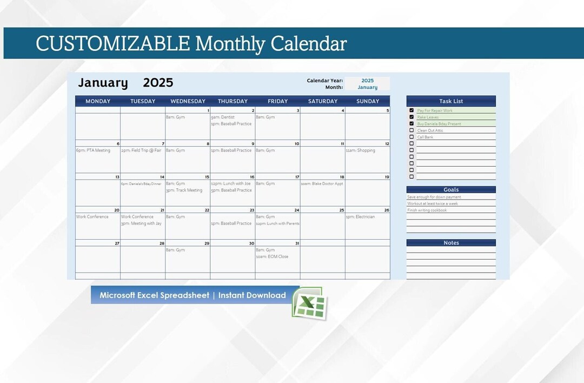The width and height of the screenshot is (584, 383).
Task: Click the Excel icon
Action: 309,303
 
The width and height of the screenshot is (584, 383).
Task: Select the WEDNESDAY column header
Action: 188,101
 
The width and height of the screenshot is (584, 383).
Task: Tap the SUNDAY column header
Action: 367,101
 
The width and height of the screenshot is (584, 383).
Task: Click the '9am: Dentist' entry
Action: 223,117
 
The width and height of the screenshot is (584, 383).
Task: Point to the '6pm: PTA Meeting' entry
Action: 93,150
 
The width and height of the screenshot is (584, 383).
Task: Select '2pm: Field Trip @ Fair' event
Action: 141,150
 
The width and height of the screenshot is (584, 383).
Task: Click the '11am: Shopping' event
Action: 360,150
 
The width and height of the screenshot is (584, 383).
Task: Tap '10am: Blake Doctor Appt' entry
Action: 322,183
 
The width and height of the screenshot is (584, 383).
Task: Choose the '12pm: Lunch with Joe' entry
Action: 231,183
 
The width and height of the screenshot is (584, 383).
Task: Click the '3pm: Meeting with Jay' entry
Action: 141,223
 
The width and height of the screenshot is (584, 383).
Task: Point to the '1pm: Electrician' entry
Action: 360,217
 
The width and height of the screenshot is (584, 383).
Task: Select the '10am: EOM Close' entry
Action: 272,257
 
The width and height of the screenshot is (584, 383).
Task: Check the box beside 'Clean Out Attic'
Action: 412,130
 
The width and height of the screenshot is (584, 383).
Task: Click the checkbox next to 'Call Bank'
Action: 412,137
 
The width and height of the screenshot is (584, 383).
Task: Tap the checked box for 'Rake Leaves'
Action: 412,117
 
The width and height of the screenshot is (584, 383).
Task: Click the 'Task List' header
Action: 451,101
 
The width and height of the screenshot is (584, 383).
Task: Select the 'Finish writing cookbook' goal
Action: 427,210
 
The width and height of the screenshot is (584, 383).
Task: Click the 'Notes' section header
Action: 451,243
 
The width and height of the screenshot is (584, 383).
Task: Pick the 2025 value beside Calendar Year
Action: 368,81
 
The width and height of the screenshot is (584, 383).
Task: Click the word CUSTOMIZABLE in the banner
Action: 112,44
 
